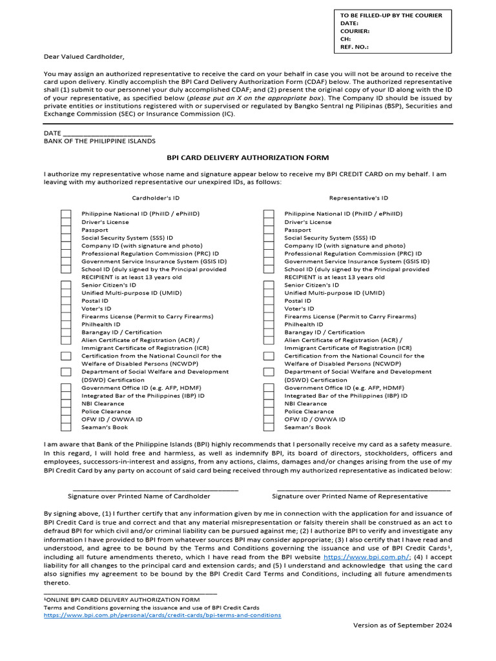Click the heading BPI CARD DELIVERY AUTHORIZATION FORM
click(x=247, y=158)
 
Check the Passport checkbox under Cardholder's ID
click(x=66, y=230)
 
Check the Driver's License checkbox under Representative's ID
click(x=269, y=222)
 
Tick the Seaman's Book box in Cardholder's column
click(x=66, y=427)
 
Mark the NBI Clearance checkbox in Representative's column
click(x=269, y=403)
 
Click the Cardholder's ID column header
click(x=156, y=198)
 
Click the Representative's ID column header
click(x=358, y=198)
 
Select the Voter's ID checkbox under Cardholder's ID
click(x=66, y=309)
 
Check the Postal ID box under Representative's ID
click(x=269, y=301)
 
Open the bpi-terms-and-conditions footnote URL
click(x=162, y=615)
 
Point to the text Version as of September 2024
click(x=402, y=625)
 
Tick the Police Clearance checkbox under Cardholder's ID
click(x=66, y=411)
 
